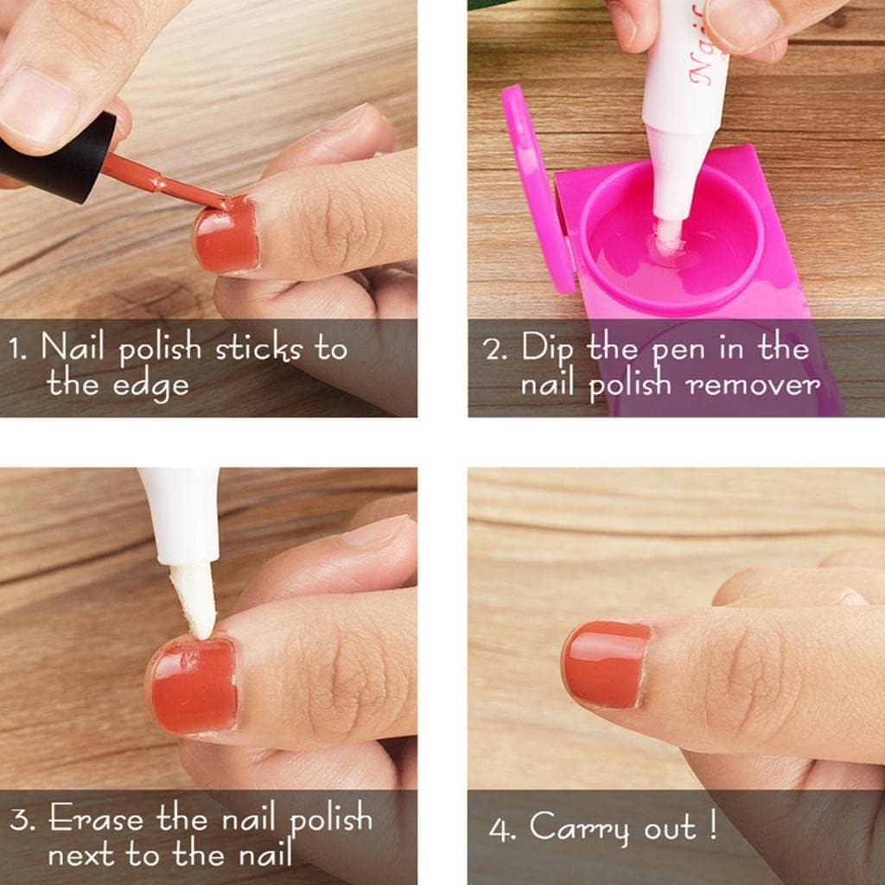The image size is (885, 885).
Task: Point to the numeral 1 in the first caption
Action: pyautogui.click(x=16, y=349)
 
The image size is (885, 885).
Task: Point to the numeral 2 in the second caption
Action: pyautogui.click(x=493, y=350)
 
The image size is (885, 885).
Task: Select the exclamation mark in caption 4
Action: pyautogui.click(x=711, y=825)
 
